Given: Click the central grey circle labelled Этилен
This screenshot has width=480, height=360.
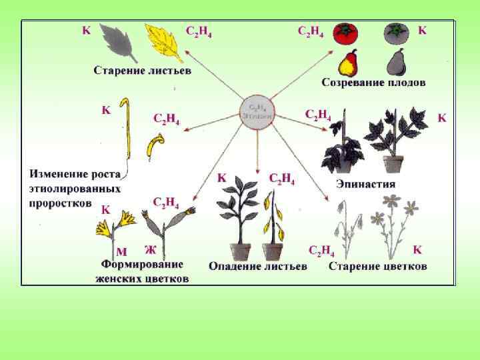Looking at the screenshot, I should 257,111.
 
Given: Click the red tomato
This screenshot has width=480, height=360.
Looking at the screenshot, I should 346,33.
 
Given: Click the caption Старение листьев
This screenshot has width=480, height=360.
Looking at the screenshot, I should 142,69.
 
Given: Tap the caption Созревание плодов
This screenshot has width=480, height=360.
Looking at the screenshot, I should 374,83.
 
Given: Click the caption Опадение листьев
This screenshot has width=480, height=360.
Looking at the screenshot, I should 258,267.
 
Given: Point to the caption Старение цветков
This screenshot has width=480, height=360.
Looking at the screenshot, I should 378,267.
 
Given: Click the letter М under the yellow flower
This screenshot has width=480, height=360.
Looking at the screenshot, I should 121,251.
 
